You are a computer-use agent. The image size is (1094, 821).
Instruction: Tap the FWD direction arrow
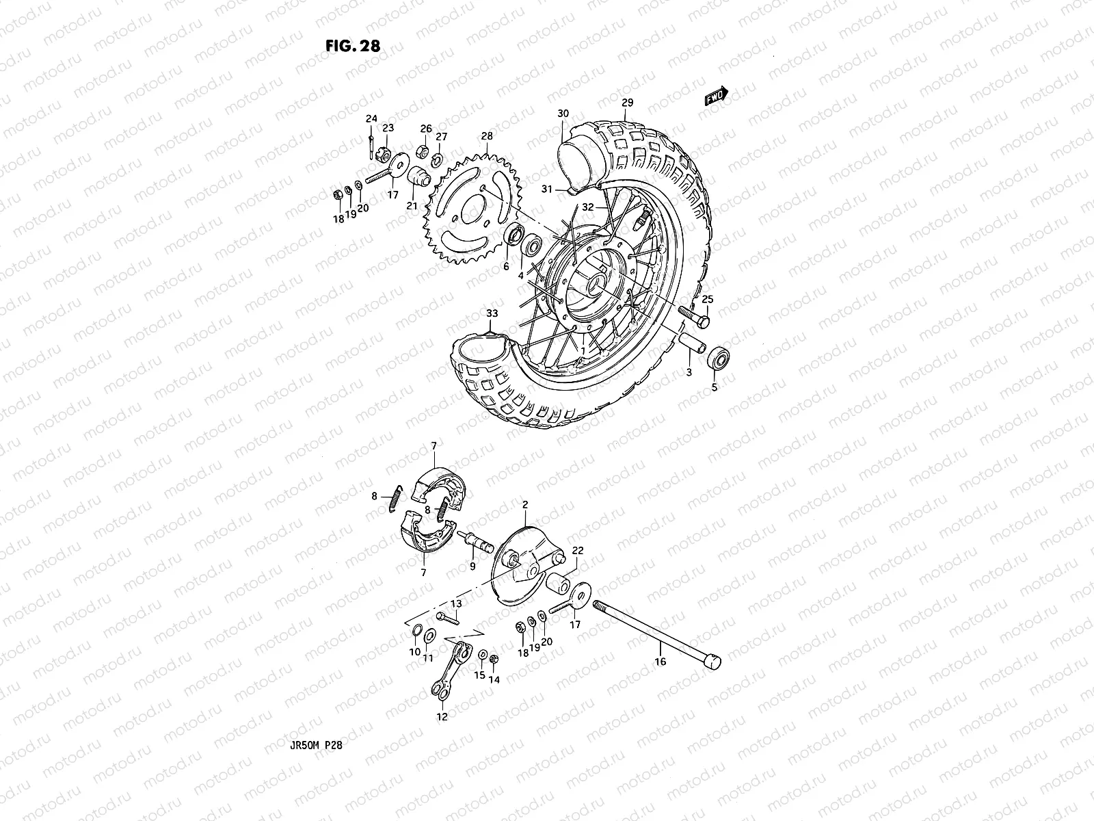pyautogui.click(x=717, y=96)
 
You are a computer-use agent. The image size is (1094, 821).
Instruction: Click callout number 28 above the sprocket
pyautogui.click(x=486, y=137)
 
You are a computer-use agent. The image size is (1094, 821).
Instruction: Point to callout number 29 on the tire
pyautogui.click(x=627, y=103)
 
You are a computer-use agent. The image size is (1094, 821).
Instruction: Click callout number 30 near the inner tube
pyautogui.click(x=563, y=114)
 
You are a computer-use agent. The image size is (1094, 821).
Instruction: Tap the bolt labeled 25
pyautogui.click(x=695, y=317)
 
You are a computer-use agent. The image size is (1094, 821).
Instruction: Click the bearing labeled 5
pyautogui.click(x=718, y=358)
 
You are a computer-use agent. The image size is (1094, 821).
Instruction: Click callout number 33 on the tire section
pyautogui.click(x=492, y=314)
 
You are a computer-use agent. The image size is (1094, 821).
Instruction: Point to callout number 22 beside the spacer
pyautogui.click(x=577, y=551)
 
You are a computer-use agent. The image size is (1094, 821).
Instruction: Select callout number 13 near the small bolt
pyautogui.click(x=456, y=603)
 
